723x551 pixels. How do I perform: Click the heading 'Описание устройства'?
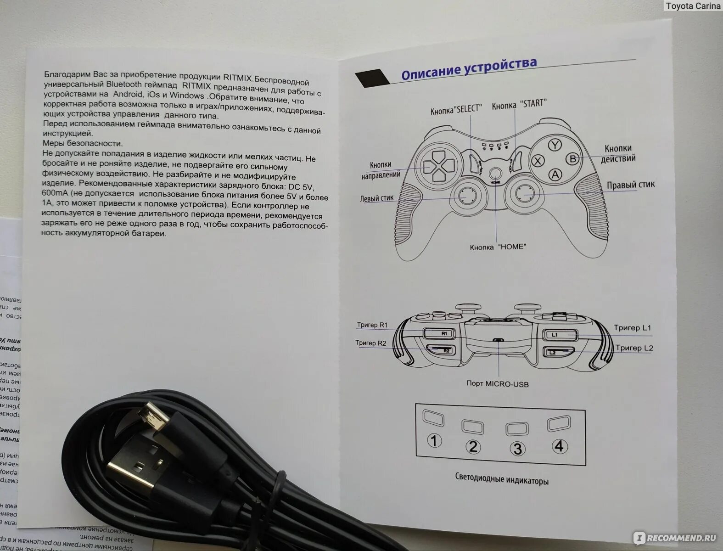[x=469, y=67]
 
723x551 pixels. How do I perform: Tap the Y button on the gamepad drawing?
[x=555, y=145]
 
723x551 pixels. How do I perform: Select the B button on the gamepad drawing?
[x=572, y=159]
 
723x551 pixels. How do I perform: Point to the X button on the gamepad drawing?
[x=538, y=160]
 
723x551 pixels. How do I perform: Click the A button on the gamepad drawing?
[x=555, y=174]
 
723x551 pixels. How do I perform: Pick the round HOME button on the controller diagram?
[x=495, y=173]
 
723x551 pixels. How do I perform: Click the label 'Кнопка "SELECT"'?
[x=456, y=110]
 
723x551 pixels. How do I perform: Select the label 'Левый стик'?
[x=377, y=198]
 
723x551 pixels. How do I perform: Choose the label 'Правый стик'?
[x=631, y=185]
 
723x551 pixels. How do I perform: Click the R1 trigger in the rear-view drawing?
[x=440, y=333]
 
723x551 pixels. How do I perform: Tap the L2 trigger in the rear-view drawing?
[x=559, y=352]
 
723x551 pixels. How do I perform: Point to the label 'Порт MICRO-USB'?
[x=497, y=383]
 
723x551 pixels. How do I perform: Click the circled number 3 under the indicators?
[x=517, y=448]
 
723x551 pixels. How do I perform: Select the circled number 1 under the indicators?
[x=434, y=441]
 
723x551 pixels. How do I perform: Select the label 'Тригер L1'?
[x=632, y=328]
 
